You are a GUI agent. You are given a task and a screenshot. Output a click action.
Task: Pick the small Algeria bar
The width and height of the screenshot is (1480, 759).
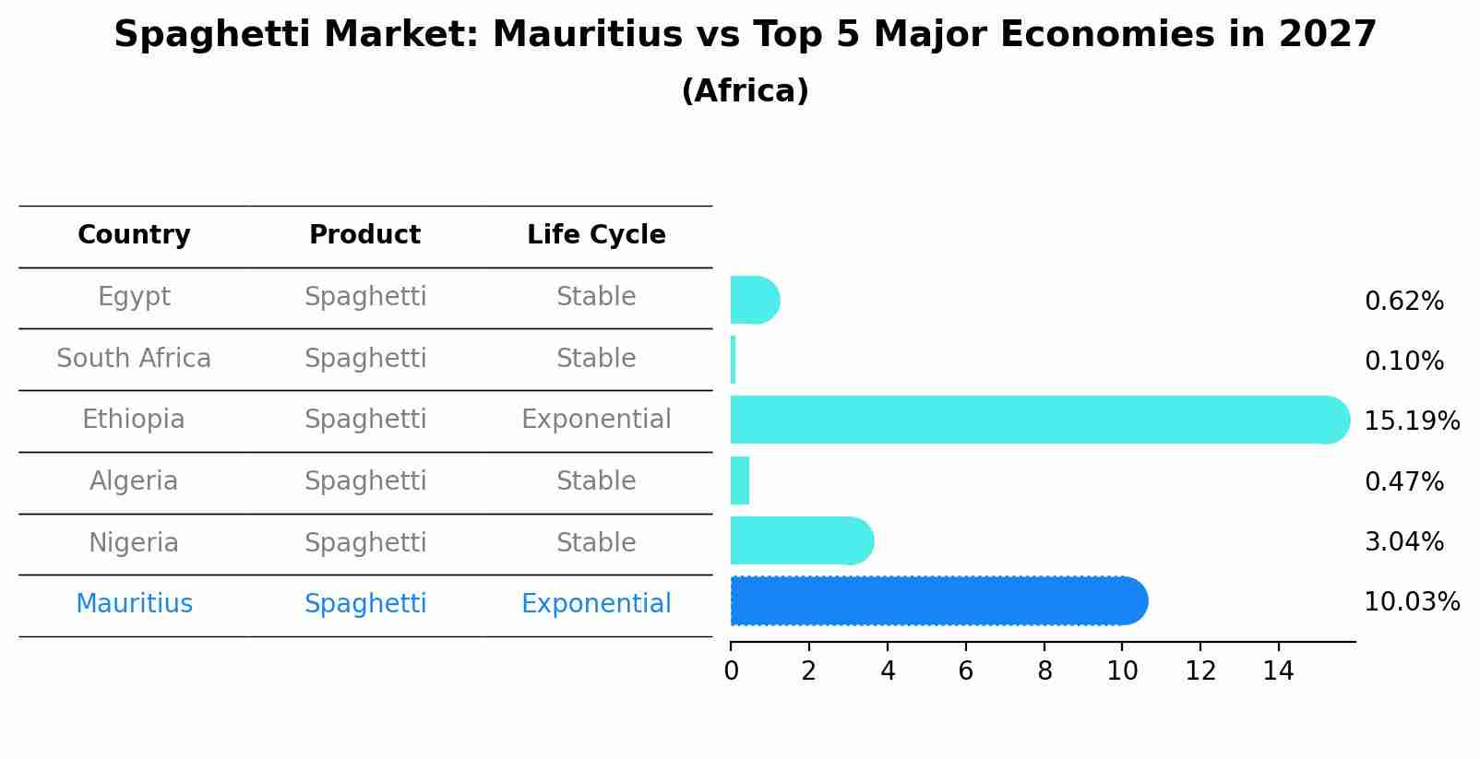(x=740, y=480)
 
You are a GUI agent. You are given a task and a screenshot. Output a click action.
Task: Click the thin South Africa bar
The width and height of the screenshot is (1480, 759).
(x=734, y=360)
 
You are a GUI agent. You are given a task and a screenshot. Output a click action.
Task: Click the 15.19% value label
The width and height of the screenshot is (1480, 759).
(x=1411, y=421)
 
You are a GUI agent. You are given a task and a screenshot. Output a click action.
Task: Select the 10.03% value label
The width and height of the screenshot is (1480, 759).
(x=1411, y=602)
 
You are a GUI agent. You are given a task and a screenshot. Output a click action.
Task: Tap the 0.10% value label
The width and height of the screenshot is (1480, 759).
(x=1403, y=362)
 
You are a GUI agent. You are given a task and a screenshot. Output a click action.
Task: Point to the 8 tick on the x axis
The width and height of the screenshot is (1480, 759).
(x=1044, y=670)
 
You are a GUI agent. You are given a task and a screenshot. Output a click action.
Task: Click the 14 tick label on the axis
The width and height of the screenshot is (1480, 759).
(x=1279, y=670)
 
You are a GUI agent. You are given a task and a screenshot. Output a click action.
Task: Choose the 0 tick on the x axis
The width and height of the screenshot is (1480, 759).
(x=731, y=670)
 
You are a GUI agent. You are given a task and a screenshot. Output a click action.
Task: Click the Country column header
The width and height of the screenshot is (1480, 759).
(x=134, y=235)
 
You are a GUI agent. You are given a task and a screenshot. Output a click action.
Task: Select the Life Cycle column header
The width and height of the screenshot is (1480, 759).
(x=596, y=235)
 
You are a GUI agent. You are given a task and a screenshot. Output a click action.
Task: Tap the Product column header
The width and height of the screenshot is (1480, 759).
(x=364, y=235)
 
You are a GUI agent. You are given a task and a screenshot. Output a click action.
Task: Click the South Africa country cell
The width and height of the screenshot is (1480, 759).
(x=134, y=359)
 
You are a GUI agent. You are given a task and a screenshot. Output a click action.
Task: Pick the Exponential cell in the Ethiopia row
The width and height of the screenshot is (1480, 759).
(x=596, y=420)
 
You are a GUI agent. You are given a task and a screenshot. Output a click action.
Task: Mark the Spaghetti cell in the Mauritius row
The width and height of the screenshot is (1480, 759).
(x=365, y=604)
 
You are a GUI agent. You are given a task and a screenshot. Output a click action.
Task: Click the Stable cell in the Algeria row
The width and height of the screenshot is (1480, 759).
(x=596, y=481)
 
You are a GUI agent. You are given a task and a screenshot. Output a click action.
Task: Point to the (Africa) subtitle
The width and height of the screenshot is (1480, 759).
(x=745, y=91)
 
